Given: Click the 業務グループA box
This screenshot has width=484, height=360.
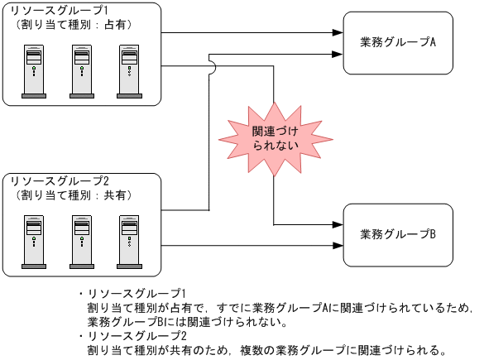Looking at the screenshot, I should (x=399, y=43).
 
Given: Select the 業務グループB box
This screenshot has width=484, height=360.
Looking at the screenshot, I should (x=399, y=234).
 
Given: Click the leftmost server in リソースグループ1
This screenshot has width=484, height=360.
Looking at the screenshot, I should (x=34, y=74).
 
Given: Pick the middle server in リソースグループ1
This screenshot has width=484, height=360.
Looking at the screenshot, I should (x=81, y=74).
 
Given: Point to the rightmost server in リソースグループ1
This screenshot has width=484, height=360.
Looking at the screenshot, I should (x=128, y=74).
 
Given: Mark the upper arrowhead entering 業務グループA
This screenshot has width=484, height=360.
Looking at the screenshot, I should (x=338, y=32).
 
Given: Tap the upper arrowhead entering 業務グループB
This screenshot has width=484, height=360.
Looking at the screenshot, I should (x=338, y=224).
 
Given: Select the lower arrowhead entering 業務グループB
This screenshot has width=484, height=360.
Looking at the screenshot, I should (x=338, y=245).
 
